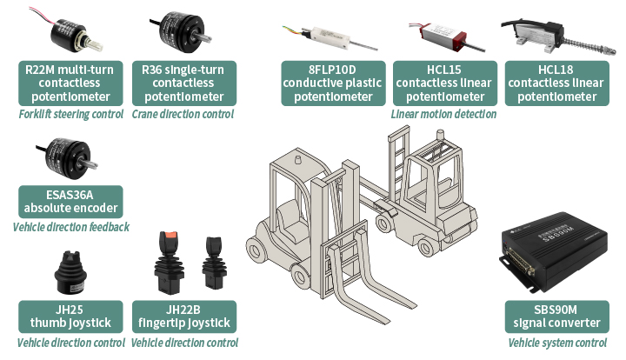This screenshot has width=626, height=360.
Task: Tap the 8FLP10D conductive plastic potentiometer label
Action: point(333,83)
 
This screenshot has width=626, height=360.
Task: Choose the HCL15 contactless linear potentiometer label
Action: point(445,83)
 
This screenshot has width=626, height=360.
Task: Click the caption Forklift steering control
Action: point(70,114)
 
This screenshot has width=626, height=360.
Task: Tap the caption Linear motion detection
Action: point(443,114)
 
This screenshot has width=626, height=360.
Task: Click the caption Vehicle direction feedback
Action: point(70,227)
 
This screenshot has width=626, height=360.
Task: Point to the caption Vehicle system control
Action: point(557,343)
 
